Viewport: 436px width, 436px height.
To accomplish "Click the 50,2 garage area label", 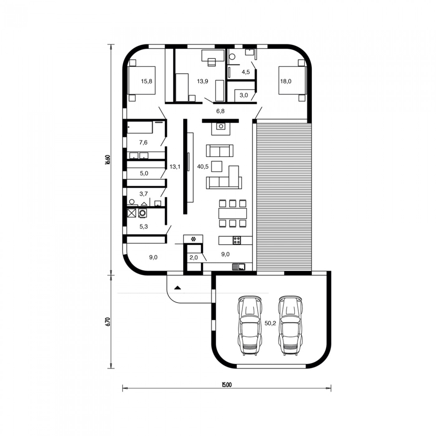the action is coord(270,323).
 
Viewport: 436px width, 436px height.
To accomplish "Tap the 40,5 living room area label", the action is coord(203,167).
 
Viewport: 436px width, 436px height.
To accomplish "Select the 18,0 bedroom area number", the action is coord(286,82).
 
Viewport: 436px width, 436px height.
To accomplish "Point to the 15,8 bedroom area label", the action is coord(147,81).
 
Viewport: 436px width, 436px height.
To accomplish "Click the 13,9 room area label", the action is coord(202,81).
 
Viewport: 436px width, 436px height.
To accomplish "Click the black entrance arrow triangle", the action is coord(178,288).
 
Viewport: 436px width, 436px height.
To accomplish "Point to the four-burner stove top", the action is coord(237,240).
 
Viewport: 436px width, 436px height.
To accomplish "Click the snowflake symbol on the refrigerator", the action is coord(193,239).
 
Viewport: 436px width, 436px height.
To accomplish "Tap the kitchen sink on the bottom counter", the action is coord(239,267).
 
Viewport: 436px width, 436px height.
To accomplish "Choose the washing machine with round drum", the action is coord(143,213).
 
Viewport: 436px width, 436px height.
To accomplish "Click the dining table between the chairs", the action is coord(233,213).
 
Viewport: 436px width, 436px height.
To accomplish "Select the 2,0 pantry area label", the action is coord(194,258).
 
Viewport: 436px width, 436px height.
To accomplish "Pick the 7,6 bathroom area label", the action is coord(143,142).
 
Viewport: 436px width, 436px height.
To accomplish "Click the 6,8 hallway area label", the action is coord(220,111).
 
